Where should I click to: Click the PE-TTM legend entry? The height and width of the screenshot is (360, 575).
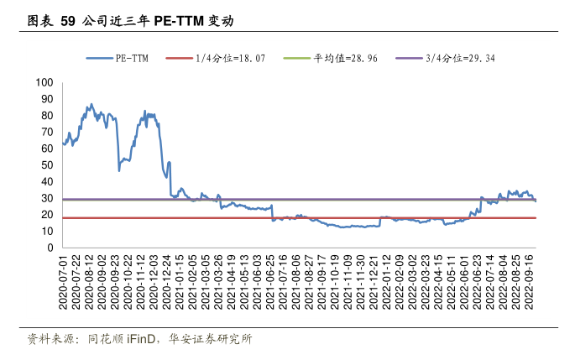118,58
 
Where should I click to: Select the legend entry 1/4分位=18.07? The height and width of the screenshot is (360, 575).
215,58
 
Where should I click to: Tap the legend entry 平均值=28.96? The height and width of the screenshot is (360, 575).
331,58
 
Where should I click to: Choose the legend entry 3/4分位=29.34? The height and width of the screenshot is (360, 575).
445,58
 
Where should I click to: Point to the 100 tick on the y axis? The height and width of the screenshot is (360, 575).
44,82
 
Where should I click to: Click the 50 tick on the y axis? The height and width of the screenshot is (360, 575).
47,165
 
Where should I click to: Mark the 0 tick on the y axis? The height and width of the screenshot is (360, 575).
50,248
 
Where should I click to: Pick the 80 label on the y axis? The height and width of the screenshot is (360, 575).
47,116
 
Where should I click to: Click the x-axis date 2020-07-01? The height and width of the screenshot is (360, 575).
63,283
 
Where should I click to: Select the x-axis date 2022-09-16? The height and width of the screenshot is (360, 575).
529,283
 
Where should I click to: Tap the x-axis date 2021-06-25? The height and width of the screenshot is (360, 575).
270,283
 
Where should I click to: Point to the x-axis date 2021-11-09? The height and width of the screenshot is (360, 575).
348,283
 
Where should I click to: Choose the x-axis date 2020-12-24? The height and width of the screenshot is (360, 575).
167,283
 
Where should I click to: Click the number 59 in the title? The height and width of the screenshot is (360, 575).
68,21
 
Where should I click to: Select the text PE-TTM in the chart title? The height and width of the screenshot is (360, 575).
179,21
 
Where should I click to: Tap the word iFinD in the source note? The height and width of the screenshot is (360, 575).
141,339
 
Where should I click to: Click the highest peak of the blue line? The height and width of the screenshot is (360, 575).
91,104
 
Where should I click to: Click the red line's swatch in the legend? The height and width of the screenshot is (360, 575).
179,58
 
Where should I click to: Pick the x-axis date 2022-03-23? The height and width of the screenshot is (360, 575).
426,283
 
